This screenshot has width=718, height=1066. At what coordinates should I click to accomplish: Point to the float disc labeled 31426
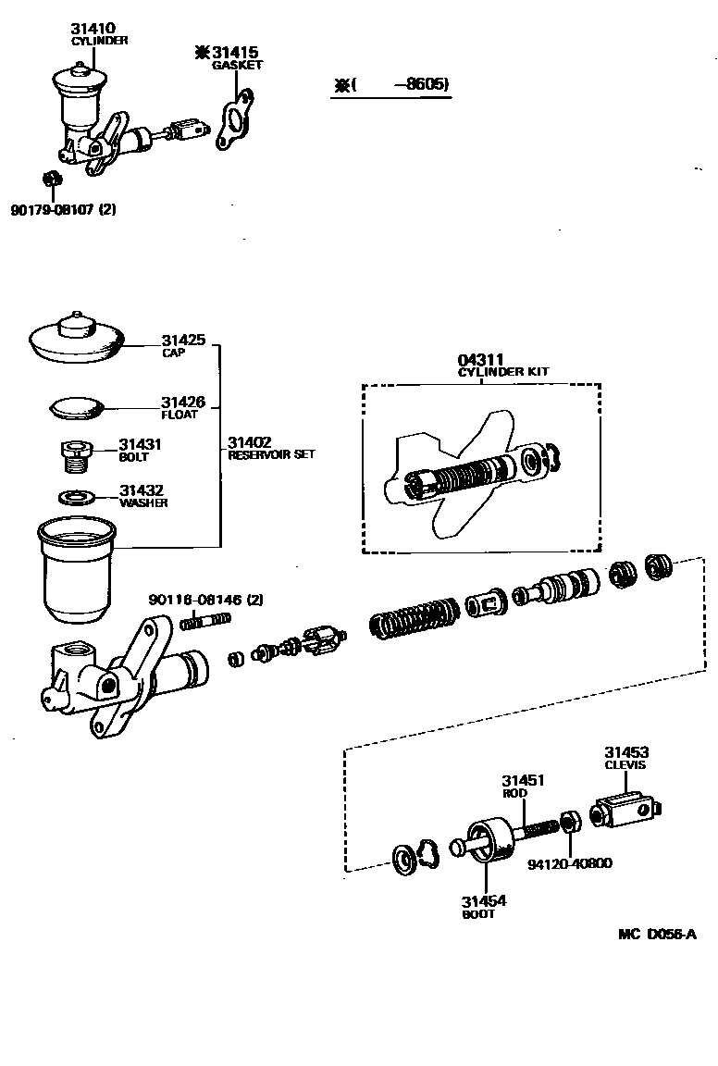click(78, 405)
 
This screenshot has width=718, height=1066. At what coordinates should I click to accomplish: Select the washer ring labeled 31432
click(76, 497)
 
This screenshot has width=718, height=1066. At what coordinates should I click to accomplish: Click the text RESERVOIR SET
click(271, 454)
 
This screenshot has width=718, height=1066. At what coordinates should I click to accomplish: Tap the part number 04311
click(478, 360)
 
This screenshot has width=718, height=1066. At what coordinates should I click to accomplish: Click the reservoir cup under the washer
click(75, 570)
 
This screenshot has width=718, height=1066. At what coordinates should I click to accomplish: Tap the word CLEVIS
click(625, 765)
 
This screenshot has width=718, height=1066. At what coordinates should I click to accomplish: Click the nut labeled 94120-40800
click(571, 822)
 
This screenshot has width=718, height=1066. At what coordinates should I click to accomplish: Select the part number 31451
click(523, 780)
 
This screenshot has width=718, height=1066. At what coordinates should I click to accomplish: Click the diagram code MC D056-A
click(657, 934)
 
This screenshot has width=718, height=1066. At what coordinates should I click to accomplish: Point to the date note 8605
click(421, 84)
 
